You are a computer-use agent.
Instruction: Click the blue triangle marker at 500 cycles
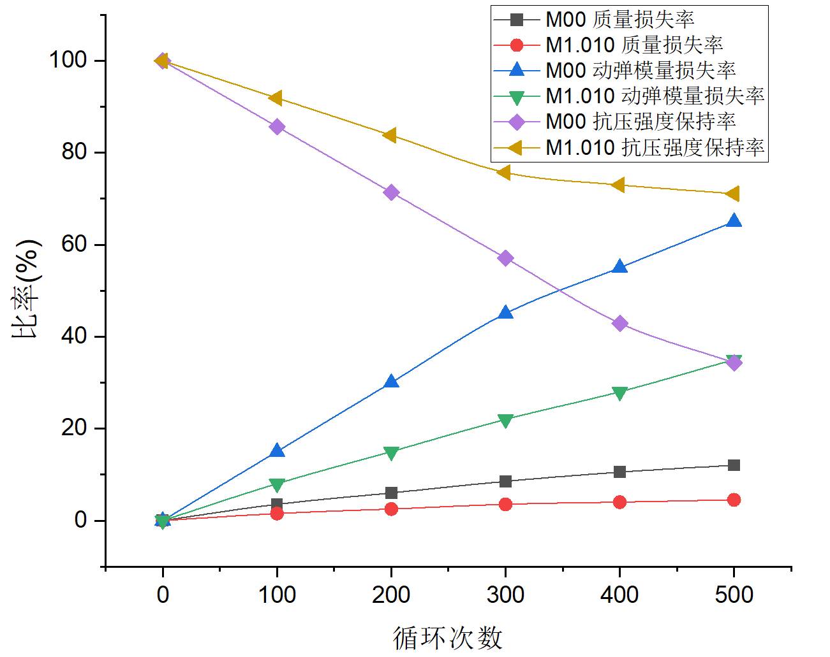point(734,222)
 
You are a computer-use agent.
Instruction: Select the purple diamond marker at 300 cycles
point(505,258)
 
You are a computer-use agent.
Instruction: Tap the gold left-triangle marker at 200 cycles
point(390,135)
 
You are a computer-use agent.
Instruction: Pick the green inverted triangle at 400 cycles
point(619,393)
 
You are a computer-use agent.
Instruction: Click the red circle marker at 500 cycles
point(734,500)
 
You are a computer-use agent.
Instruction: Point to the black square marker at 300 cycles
point(505,481)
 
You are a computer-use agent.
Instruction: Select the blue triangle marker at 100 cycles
point(277,451)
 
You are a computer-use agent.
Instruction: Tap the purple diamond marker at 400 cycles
point(619,324)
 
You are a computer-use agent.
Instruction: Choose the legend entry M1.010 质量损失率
point(634,45)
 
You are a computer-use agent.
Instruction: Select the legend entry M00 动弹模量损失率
point(641,70)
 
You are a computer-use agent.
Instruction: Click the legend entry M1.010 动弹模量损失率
point(655,96)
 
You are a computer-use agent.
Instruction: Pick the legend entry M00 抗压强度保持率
point(641,122)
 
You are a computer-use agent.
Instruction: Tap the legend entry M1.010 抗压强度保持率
point(655,148)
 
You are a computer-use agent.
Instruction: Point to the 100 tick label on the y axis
point(66,61)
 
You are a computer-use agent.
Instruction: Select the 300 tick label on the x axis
point(505,595)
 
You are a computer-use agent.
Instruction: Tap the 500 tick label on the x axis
point(734,595)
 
